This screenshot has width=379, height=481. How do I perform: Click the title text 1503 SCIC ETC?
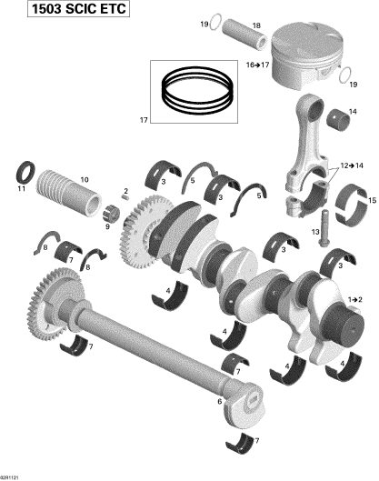click(x=78, y=8)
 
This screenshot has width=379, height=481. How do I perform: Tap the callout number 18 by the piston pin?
click(x=256, y=25)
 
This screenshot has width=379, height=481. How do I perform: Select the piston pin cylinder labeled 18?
click(x=244, y=35)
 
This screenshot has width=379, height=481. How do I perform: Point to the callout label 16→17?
click(x=257, y=65)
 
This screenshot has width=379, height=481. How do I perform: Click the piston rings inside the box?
click(x=196, y=90)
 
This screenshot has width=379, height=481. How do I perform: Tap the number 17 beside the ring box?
click(x=144, y=120)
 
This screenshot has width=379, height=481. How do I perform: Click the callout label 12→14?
click(x=352, y=165)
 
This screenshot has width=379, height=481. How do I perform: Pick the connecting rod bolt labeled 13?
click(x=324, y=228)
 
